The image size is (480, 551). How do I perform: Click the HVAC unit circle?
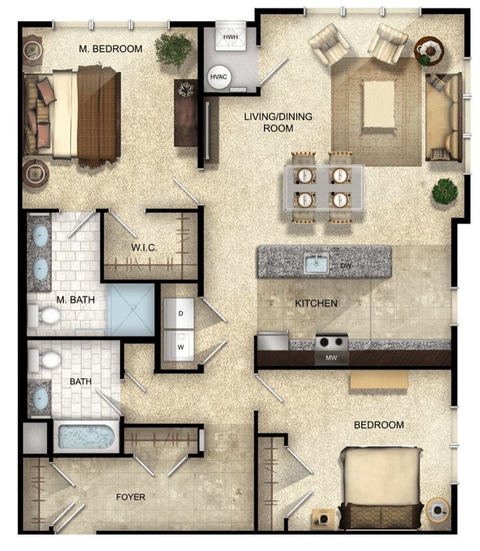pos(219,77)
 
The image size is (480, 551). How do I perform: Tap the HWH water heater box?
pos(230,37)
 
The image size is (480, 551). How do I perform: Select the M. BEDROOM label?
pos(110,49)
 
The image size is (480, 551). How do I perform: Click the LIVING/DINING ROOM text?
pos(279,122)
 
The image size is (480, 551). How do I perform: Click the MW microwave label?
pos(331,357)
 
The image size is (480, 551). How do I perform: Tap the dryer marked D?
pos(179,313)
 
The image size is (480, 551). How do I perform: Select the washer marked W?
pos(179,346)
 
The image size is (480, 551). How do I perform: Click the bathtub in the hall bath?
pos(86,437)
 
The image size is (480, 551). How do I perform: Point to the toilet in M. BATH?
pos(44,315)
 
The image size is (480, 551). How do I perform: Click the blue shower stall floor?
pos(131,309)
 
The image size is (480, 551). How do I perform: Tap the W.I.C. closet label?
pos(144,248)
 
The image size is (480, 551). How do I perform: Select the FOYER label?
pos(130,497)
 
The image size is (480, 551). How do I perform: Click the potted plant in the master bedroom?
pos(173,50)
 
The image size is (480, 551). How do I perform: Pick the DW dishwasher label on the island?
pos(346,266)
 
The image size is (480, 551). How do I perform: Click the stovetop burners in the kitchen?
pos(332,342)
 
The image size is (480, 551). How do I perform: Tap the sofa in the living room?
pos(443,117)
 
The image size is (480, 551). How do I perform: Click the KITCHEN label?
pos(316,303)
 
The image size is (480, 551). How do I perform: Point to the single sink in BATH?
pos(40,398)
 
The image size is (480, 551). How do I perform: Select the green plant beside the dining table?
pos(445,191)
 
